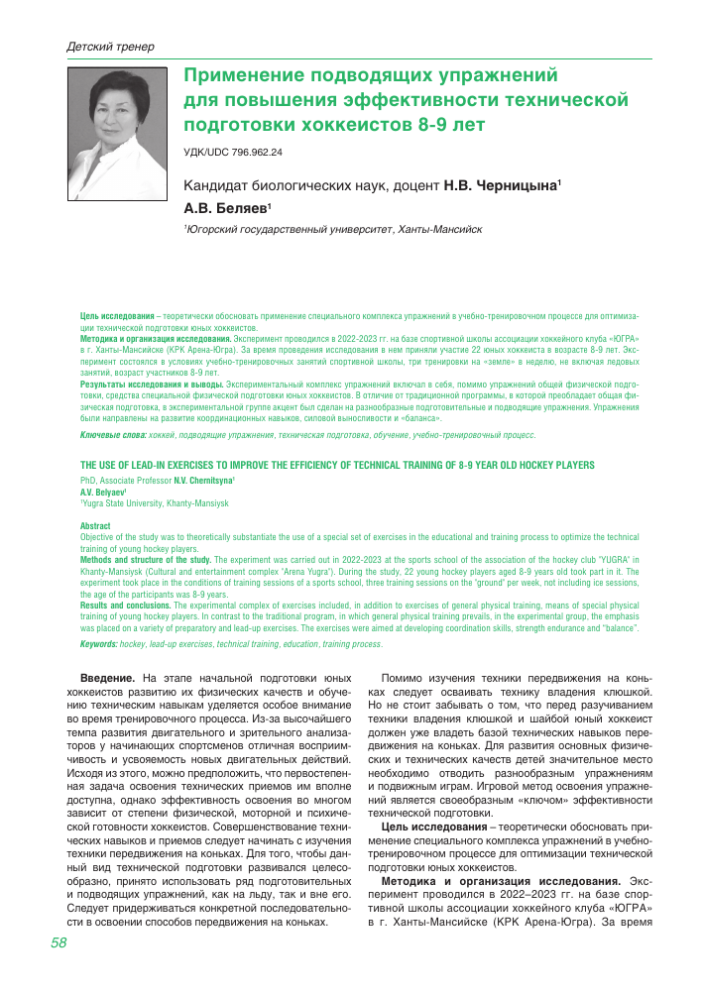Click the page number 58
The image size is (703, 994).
(59, 970)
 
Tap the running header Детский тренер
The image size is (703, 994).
(109, 47)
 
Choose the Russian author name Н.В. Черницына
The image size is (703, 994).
(501, 185)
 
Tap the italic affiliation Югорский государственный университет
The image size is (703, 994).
(289, 229)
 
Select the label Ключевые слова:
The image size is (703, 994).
(113, 435)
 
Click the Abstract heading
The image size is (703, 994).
(95, 526)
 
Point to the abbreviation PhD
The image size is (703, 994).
(87, 480)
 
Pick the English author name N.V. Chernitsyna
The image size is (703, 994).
(204, 480)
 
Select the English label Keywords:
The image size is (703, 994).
(98, 644)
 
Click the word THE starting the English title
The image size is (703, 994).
(88, 465)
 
